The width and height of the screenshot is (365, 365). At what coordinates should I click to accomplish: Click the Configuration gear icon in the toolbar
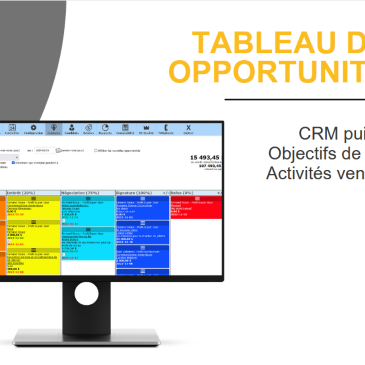point(33,129)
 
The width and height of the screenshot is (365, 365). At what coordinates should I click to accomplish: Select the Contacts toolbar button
point(54,129)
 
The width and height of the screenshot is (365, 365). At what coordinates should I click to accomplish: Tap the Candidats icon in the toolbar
point(72,129)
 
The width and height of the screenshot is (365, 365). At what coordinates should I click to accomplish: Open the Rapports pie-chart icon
point(105,129)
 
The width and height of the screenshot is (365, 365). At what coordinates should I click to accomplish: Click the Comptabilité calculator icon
point(125,129)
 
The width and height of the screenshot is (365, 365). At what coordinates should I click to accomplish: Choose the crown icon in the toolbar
point(146,129)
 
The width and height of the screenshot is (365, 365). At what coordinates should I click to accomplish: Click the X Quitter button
point(188,129)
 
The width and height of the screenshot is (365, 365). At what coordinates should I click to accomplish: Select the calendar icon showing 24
point(13,129)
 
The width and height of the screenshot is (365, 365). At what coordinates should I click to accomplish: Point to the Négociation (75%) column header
point(77,193)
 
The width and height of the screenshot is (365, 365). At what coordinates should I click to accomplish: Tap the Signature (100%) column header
point(132,193)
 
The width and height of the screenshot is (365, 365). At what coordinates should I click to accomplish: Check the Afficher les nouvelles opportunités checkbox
point(96,150)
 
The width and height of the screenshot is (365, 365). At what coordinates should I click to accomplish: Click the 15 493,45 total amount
point(205,157)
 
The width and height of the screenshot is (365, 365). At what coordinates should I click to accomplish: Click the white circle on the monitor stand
point(86,293)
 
